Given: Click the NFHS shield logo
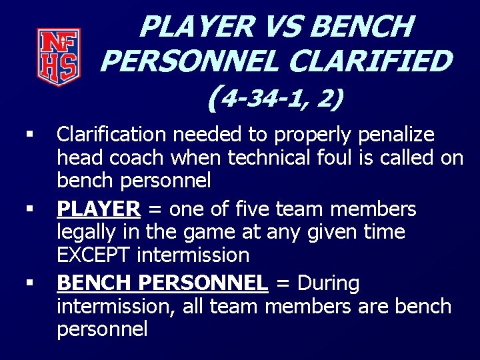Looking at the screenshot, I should tap(58, 57).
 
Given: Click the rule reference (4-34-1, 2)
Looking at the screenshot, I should tap(275, 99).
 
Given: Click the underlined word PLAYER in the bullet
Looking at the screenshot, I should tap(99, 209).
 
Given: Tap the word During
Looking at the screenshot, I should tap(329, 283).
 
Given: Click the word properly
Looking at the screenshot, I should tap(311, 135).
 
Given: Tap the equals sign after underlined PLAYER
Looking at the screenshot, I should tap(155, 210).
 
